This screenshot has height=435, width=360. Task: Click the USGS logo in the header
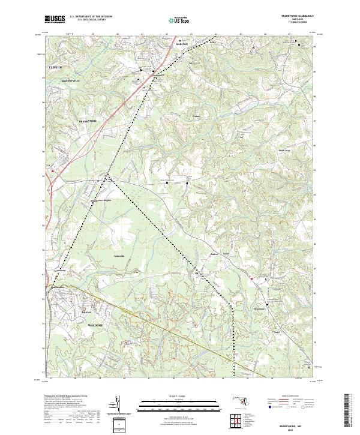tap(55, 19)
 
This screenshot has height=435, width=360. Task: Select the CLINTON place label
tap(55, 68)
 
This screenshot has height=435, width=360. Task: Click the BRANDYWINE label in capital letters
tap(88, 121)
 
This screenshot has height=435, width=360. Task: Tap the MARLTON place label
tap(182, 44)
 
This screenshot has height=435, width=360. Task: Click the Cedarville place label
tap(119, 256)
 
